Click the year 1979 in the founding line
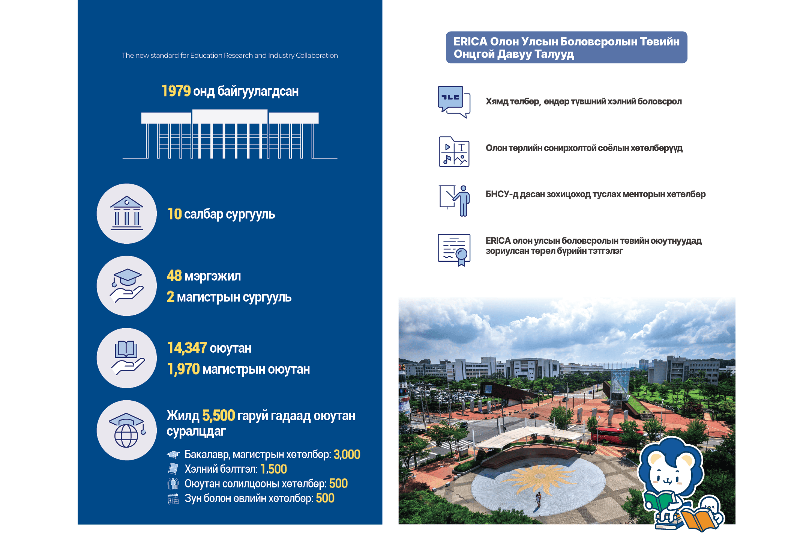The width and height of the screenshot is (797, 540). point(176,91)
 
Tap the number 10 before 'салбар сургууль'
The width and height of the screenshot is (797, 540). point(174,214)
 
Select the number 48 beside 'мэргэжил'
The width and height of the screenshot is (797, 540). point(174,276)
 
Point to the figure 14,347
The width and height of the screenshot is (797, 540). point(187,348)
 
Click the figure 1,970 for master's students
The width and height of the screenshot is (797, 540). point(183,369)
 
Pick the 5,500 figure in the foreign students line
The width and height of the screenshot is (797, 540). point(219,415)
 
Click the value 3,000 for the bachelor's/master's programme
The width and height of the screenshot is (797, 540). point(347,454)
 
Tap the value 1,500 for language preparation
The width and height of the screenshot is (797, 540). point(274,469)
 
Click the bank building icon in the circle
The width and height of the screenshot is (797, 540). point(127,213)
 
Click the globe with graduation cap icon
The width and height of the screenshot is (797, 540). point(127,430)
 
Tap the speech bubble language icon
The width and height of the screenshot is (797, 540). point(454,102)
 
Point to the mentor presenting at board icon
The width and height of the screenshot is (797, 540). point(455,201)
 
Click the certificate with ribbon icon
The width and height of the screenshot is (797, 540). point(454,250)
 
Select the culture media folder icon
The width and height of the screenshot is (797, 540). point(454,151)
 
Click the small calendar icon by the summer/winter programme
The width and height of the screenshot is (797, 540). point(173,499)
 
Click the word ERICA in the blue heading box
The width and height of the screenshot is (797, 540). point(470,41)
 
